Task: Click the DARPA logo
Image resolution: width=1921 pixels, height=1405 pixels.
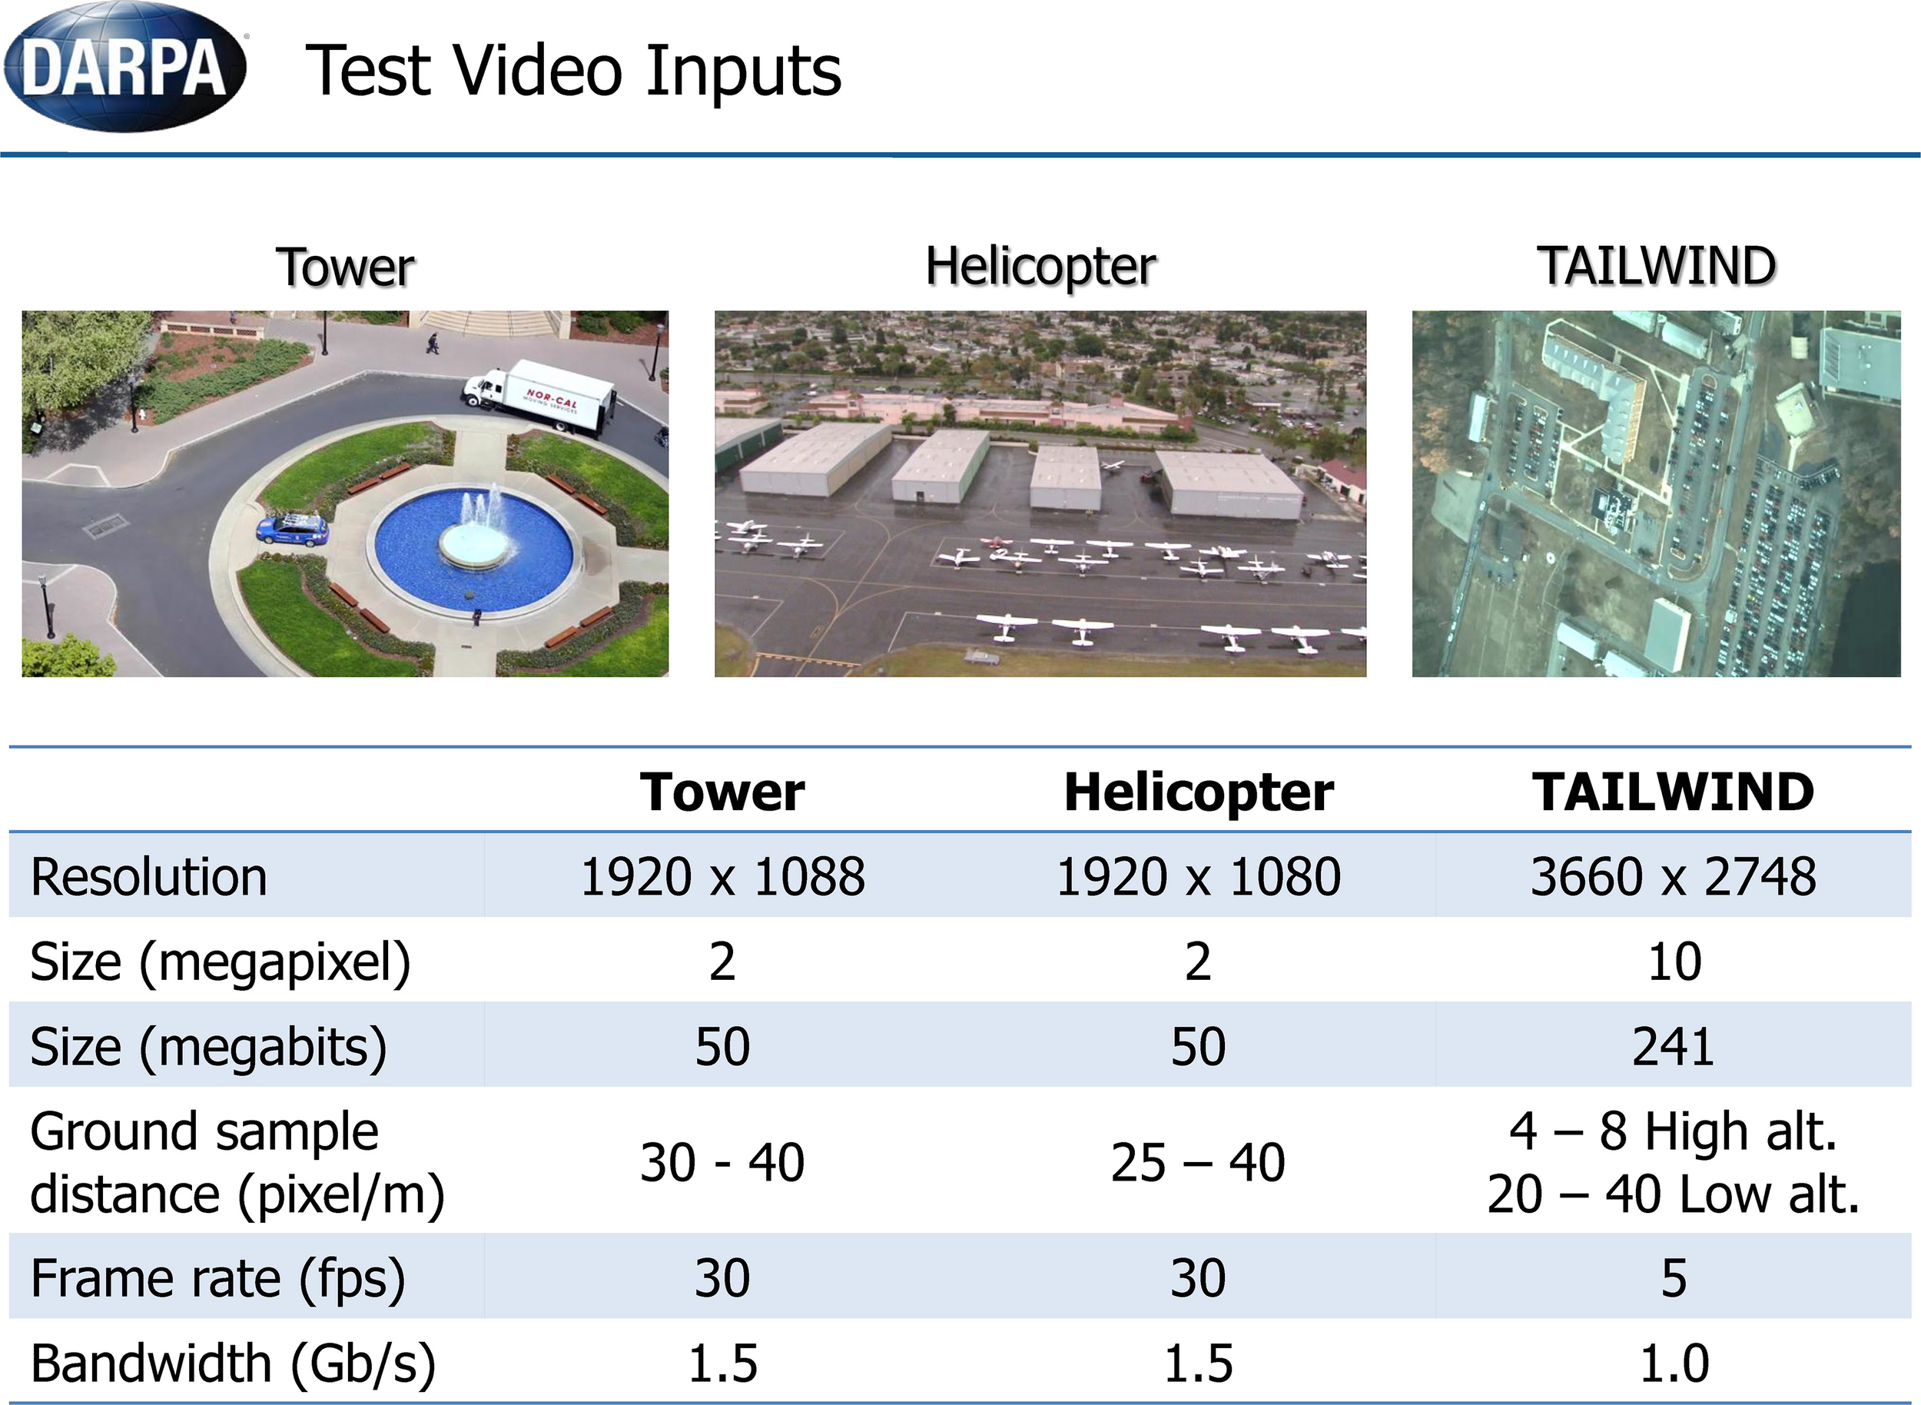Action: pyautogui.click(x=125, y=68)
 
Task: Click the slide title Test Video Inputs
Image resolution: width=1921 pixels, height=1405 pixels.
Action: pyautogui.click(x=574, y=71)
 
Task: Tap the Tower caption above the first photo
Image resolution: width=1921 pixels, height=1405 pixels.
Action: pyautogui.click(x=345, y=268)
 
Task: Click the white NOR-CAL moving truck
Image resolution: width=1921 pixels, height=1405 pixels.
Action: pyautogui.click(x=539, y=397)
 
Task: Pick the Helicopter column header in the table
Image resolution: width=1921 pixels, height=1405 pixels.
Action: pyautogui.click(x=1198, y=792)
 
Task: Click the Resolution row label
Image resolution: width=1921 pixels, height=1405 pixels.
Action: pyautogui.click(x=149, y=877)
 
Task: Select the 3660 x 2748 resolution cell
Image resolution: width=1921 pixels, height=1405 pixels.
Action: pyautogui.click(x=1673, y=877)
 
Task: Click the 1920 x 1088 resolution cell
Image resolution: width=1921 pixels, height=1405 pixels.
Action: pyautogui.click(x=722, y=877)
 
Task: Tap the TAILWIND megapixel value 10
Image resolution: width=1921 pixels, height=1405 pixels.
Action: pyautogui.click(x=1674, y=962)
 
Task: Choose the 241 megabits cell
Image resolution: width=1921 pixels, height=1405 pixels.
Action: pyautogui.click(x=1673, y=1046)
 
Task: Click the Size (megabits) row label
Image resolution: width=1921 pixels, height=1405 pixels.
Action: pyautogui.click(x=208, y=1047)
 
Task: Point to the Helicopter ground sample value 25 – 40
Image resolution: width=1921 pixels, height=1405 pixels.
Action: pyautogui.click(x=1197, y=1163)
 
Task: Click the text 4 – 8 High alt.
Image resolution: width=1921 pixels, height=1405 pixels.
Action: pyautogui.click(x=1674, y=1131)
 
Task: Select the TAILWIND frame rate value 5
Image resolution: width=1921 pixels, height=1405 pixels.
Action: pyautogui.click(x=1674, y=1278)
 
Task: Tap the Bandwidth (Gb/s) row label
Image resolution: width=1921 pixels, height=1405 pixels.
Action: pyautogui.click(x=233, y=1363)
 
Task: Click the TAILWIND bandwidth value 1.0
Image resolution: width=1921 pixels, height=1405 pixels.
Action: pyautogui.click(x=1674, y=1363)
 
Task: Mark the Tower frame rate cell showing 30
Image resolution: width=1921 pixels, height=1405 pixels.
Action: pyautogui.click(x=722, y=1278)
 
